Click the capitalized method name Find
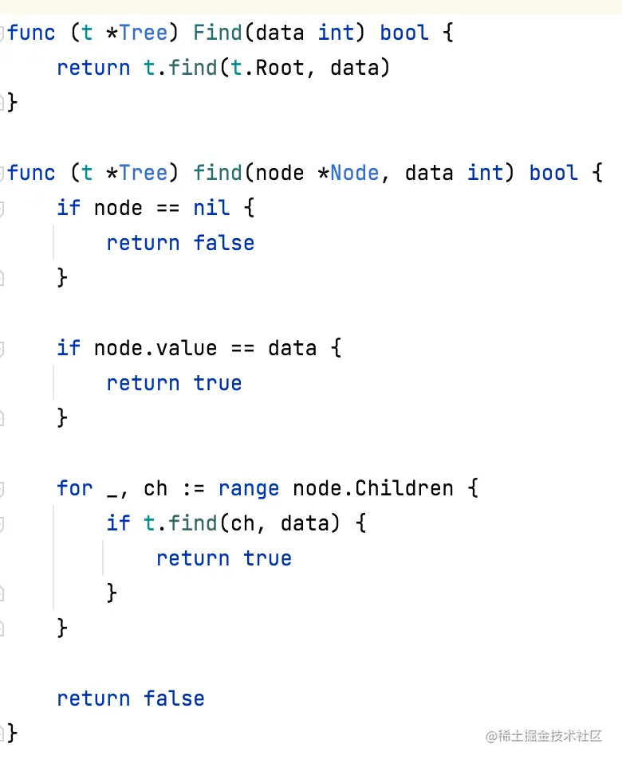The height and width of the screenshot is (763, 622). (218, 33)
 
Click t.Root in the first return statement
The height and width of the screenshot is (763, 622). (267, 68)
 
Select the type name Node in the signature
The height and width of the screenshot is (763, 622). (355, 173)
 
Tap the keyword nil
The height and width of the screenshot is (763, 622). (211, 208)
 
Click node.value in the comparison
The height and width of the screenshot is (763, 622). (155, 348)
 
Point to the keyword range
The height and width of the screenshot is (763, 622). (249, 487)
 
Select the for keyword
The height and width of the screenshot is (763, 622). (75, 487)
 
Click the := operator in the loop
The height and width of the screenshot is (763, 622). (193, 487)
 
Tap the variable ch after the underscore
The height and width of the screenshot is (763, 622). (155, 487)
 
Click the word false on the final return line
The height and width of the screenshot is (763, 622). (174, 698)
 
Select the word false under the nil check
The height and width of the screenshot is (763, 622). (224, 243)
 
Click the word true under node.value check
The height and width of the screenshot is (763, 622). (218, 383)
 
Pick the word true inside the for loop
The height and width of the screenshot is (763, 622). (267, 558)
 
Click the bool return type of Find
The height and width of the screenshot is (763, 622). (404, 33)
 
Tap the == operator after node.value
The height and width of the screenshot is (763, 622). (242, 348)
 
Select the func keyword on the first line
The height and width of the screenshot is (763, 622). (32, 33)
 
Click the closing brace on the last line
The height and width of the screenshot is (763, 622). (12, 732)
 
